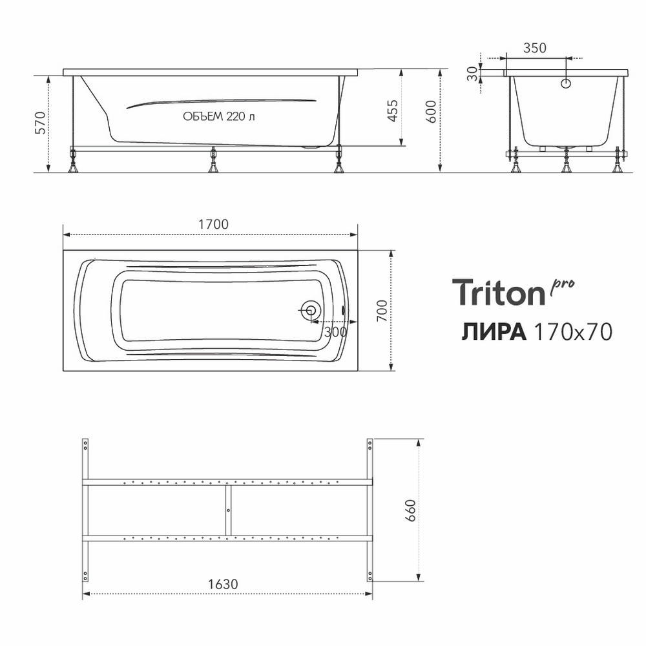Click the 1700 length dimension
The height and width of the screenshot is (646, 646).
point(213,225)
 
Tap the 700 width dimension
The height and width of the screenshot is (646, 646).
point(382,311)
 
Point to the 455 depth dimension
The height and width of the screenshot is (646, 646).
point(393,110)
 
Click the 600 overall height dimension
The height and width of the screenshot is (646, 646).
point(431,111)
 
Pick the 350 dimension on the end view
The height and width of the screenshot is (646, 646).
point(535,48)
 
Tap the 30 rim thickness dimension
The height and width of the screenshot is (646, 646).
point(473,74)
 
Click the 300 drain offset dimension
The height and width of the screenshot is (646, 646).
point(335,331)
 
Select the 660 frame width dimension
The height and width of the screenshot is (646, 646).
point(411,510)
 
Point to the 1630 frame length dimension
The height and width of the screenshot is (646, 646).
point(223,584)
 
